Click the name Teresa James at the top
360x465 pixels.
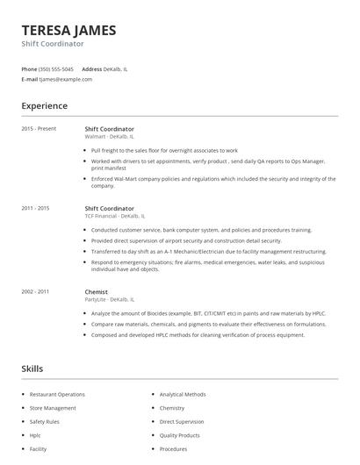pos(68,30)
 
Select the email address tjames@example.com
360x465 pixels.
pos(66,79)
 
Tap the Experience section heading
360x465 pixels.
pos(45,106)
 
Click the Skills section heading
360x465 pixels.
pos(32,368)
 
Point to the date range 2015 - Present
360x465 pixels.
pos(39,129)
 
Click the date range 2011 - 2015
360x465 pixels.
pos(35,208)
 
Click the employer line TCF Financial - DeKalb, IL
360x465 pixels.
pos(114,216)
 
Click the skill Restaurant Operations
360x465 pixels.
pos(57,395)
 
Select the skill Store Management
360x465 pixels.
pos(53,408)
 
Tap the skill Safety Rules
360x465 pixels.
pos(44,422)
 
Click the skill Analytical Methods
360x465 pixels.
pos(183,395)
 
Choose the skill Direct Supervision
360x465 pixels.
pos(182,422)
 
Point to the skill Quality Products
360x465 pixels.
pos(179,435)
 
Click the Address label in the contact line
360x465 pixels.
pos(92,68)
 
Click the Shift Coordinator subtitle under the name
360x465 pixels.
pos(53,43)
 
